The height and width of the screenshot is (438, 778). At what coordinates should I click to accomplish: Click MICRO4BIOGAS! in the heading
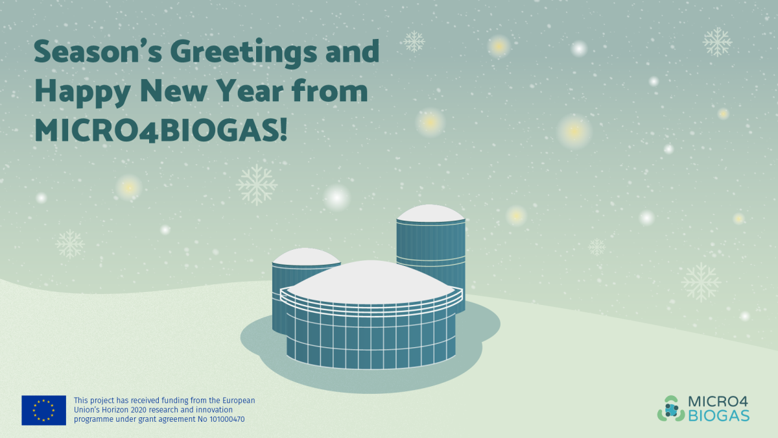click(161, 130)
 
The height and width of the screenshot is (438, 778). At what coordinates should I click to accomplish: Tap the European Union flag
click(43, 410)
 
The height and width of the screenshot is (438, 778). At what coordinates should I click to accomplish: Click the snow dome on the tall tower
click(430, 212)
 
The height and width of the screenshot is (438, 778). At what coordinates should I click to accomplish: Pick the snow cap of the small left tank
click(305, 256)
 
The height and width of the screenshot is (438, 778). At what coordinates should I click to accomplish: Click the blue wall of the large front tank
click(370, 341)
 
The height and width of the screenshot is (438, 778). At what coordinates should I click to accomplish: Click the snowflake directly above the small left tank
click(257, 184)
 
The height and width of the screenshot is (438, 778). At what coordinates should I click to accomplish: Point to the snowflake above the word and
click(413, 42)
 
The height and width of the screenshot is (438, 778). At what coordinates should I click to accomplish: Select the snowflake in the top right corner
click(717, 42)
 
